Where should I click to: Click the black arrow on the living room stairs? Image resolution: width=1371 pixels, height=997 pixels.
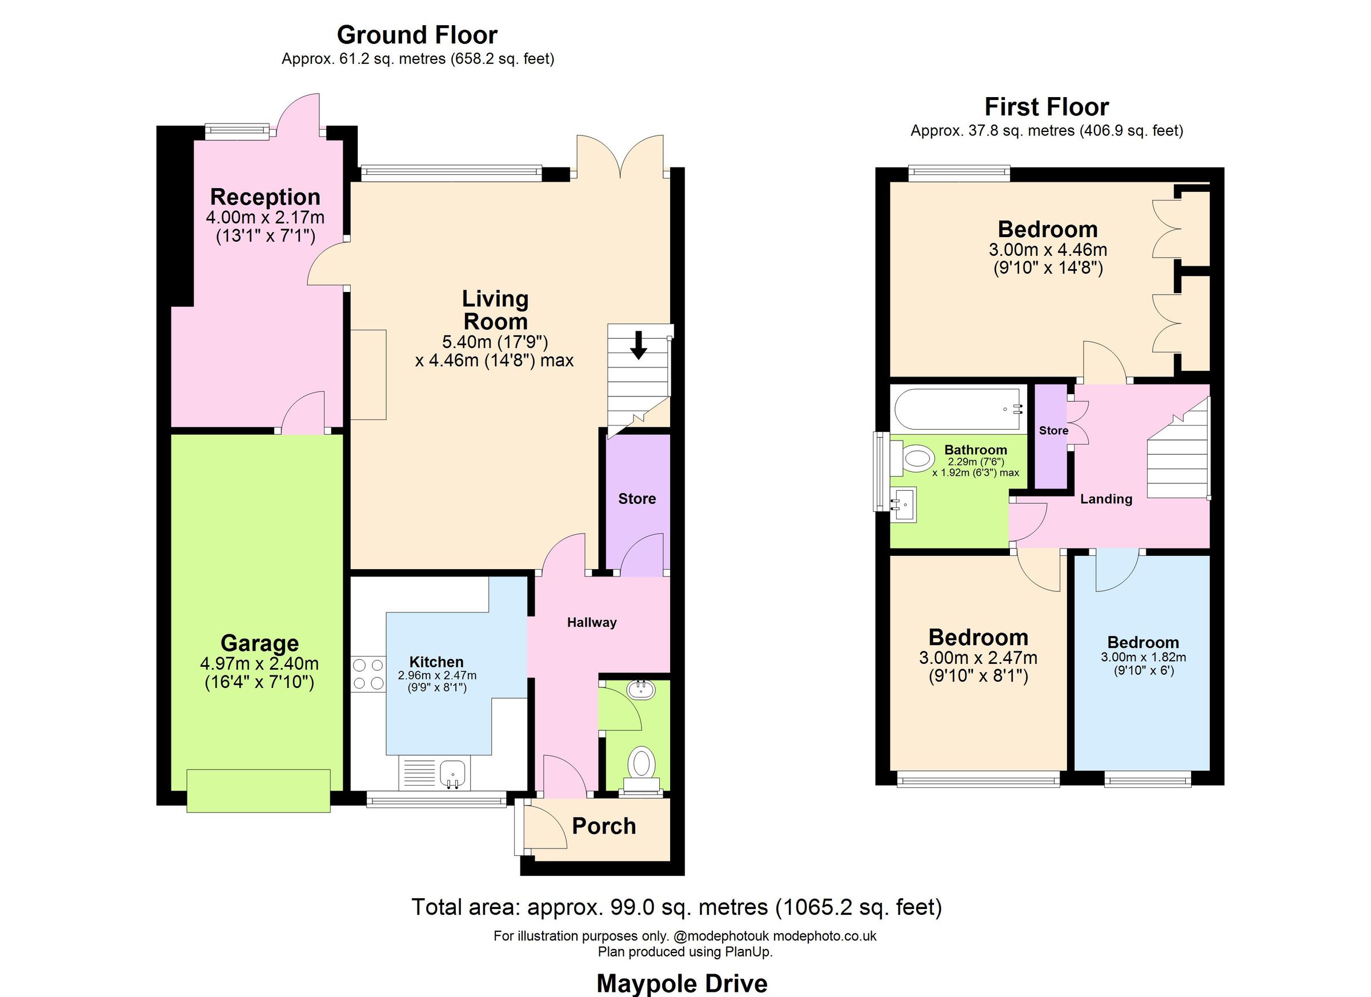point(638,345)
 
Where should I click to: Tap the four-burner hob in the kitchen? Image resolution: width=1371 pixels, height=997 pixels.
point(368,674)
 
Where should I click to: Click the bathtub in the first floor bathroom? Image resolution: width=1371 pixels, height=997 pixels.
point(958,409)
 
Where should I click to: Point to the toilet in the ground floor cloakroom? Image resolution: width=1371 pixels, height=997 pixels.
point(642,766)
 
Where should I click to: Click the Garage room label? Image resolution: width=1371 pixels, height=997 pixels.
point(259,643)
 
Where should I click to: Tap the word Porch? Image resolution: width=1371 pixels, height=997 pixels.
point(604,826)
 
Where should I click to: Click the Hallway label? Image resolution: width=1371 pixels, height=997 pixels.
point(591,622)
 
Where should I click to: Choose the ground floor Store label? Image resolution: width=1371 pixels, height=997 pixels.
point(636,499)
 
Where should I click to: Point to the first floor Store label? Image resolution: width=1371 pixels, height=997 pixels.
point(1053,430)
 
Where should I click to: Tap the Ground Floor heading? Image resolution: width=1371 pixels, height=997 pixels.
point(416,35)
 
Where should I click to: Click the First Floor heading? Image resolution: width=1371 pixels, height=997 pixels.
point(1047,107)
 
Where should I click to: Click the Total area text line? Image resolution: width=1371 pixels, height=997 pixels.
point(676,907)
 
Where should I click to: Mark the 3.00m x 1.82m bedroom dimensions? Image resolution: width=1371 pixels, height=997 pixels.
point(1142,657)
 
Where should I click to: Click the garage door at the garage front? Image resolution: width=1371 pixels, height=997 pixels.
point(258,791)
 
